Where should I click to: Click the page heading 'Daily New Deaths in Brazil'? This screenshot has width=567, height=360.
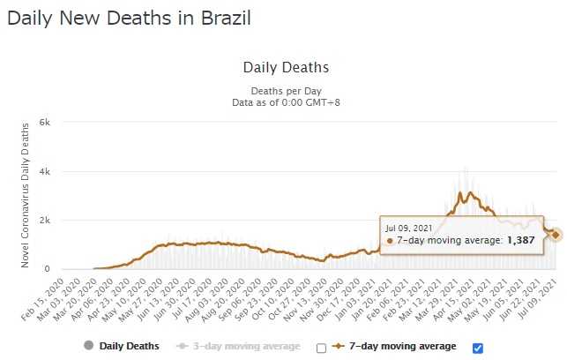coord(129,19)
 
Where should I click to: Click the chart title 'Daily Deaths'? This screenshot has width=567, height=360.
coord(285,67)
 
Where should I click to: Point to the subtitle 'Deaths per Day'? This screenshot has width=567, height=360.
coord(285,90)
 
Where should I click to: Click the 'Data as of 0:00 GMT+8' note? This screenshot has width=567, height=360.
coord(285,101)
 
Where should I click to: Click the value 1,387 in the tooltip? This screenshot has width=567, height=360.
coord(520,239)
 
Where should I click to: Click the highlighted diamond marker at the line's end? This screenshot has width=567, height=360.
coord(556,235)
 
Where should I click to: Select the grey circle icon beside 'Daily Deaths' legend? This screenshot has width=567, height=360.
coord(88,346)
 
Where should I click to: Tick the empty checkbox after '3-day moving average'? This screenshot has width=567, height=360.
coord(321,347)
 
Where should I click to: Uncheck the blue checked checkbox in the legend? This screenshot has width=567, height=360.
coord(478,347)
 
